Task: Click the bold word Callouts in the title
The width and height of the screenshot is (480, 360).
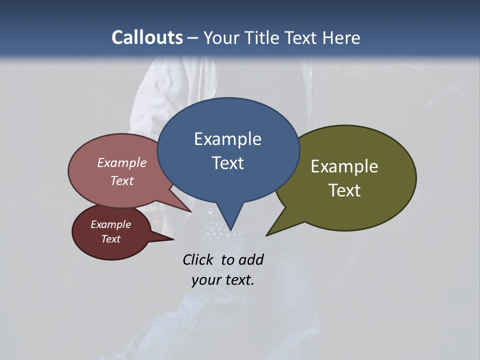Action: coord(147,37)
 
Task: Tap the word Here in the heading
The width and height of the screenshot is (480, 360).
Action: coord(342,37)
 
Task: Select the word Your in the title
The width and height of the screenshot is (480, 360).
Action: coord(221,37)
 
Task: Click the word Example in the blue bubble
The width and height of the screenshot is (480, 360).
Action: coord(227,139)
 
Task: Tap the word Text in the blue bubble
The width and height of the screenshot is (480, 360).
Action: coord(227,163)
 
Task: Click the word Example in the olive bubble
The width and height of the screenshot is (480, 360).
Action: coord(344,166)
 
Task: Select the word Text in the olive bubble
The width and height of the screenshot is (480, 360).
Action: coord(344,190)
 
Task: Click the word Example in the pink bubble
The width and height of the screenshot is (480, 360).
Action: coord(122,162)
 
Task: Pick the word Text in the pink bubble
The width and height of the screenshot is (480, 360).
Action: coord(122,180)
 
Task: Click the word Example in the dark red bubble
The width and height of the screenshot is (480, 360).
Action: coord(110,224)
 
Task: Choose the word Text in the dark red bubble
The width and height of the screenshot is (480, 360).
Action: coord(110,239)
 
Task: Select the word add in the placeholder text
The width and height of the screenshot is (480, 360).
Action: coord(251,260)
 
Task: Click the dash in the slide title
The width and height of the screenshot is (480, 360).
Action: coord(193,37)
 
